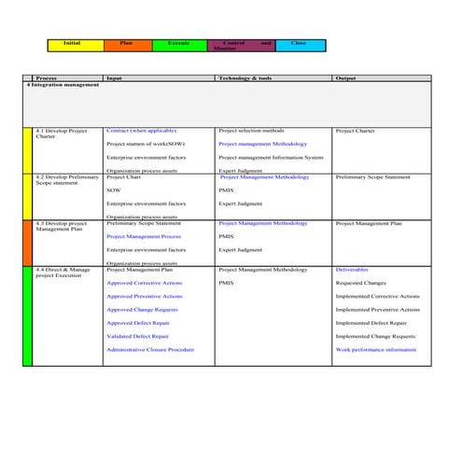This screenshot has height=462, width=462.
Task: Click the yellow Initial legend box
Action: tap(71, 45)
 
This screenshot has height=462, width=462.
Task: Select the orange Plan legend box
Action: tap(126, 45)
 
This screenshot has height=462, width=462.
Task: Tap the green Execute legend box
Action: tap(177, 45)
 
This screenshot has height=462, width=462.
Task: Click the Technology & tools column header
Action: tap(245, 77)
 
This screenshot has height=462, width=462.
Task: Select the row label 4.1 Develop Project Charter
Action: tap(61, 133)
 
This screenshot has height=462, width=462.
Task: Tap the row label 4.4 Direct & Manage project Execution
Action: tap(63, 272)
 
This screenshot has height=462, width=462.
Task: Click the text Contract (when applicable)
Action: tap(141, 131)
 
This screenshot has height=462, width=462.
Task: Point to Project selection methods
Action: tap(251, 131)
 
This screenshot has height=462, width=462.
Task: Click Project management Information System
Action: tap(271, 158)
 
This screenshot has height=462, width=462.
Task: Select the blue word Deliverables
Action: tap(352, 269)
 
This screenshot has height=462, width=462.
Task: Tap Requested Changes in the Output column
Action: tap(360, 282)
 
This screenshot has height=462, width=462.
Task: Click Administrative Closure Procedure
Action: tap(150, 349)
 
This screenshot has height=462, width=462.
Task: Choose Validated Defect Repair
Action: tap(137, 336)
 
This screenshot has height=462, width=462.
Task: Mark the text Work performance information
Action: tap(375, 349)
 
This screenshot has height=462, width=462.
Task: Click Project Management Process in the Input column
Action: tap(144, 237)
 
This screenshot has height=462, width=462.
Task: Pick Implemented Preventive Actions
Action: tap(377, 309)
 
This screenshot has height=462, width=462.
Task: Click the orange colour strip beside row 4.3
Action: tap(27, 242)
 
